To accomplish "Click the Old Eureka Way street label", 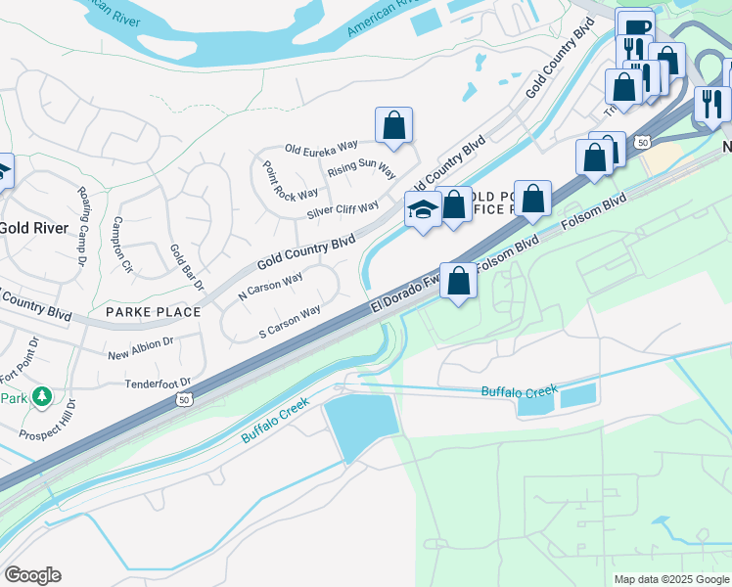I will (321, 149).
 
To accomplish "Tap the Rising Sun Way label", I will (361, 168).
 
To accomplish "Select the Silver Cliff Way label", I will (343, 210).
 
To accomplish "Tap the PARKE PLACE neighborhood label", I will (153, 312).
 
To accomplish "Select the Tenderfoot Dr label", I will (157, 383).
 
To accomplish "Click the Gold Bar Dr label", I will (186, 269).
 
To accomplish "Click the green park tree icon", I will (40, 396).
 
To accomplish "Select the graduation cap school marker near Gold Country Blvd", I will (423, 209).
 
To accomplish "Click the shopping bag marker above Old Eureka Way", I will (393, 125).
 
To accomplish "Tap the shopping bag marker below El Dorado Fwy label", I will (458, 282).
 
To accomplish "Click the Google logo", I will (32, 575).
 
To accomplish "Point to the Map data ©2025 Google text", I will (670, 579).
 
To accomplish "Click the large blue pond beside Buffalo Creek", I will (361, 429).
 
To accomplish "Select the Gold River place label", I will (33, 228).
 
